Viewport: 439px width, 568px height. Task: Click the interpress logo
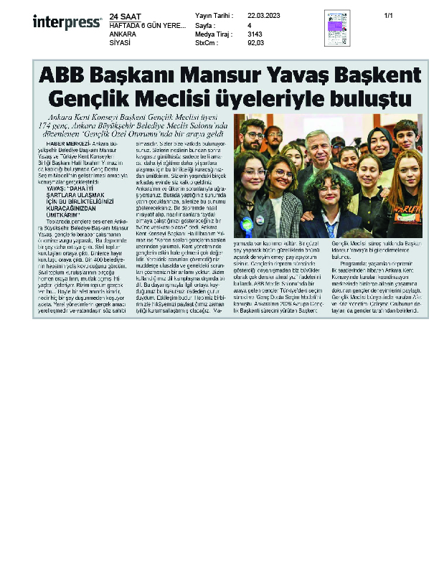coord(67,22)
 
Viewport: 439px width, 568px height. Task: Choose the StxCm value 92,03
coord(256,43)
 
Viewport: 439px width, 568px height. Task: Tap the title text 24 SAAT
coord(126,16)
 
